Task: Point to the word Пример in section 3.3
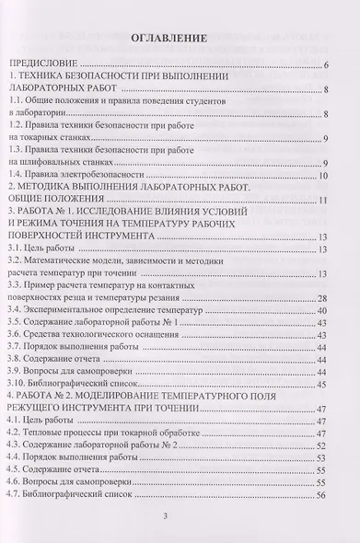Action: (x=46, y=285)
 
